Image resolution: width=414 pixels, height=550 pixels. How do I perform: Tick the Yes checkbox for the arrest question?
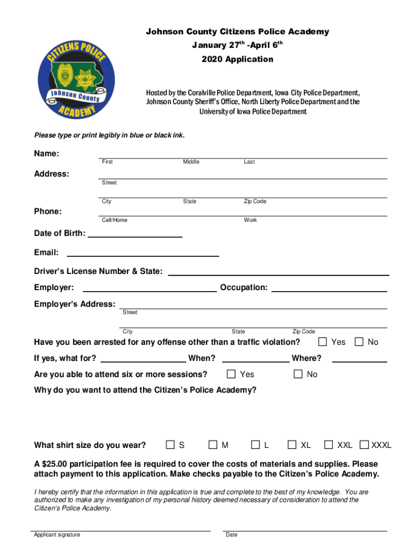[323, 342]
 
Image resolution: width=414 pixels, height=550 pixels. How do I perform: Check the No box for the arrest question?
[359, 342]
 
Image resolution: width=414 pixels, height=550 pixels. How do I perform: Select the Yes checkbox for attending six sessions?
[231, 374]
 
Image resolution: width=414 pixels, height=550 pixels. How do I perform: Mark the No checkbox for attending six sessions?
[298, 374]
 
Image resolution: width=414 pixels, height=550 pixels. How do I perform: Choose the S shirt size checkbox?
[170, 445]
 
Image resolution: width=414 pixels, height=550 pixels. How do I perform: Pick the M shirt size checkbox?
[213, 445]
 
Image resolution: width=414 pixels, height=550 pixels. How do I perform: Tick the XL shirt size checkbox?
[292, 445]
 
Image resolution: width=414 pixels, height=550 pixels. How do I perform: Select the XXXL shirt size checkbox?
[365, 445]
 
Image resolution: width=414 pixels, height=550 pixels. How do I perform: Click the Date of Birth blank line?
[134, 236]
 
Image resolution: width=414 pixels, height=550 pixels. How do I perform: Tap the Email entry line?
[142, 255]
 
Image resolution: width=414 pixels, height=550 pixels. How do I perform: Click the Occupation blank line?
[329, 291]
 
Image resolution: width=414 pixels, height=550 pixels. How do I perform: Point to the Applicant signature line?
[122, 530]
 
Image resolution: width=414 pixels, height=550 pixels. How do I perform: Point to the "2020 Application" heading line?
[238, 60]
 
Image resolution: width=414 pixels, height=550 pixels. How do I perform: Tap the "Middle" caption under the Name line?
[191, 162]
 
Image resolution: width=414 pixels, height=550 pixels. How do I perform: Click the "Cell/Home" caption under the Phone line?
[115, 220]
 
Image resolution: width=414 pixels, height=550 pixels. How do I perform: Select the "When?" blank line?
[255, 361]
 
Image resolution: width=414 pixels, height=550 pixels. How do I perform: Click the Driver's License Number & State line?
[279, 274]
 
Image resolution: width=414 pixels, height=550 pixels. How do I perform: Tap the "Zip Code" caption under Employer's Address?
[304, 331]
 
